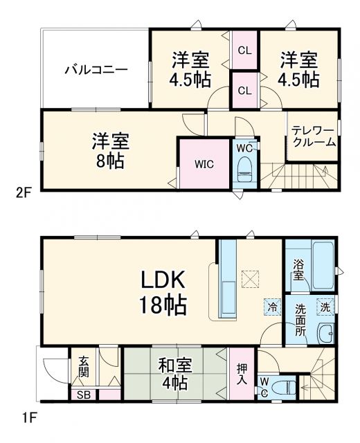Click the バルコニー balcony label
[x=96, y=69]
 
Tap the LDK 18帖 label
[x=165, y=292]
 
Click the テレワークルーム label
[x=313, y=136]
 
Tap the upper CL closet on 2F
[x=244, y=50]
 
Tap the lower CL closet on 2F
[x=244, y=90]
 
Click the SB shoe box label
[x=83, y=395]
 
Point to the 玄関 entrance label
[x=83, y=365]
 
